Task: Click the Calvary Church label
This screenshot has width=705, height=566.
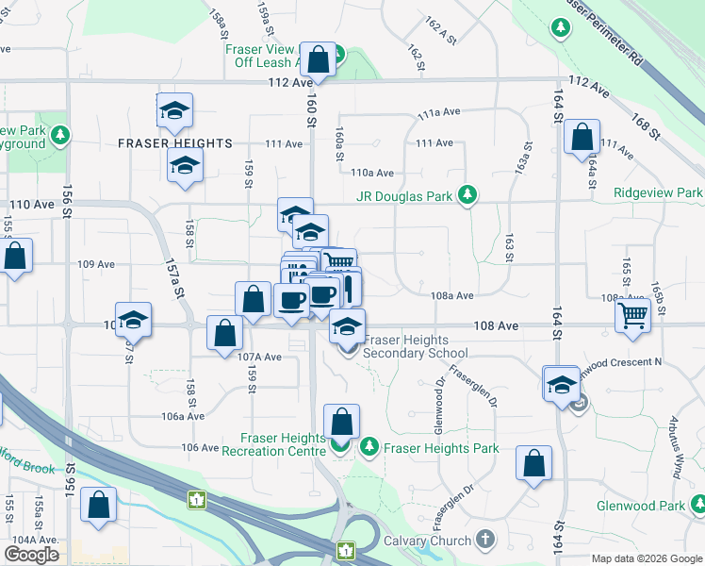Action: tap(427, 541)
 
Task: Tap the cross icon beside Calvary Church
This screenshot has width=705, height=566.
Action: tap(484, 541)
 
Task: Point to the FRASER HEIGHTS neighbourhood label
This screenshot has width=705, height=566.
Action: tap(175, 143)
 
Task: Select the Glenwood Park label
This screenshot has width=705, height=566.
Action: tap(641, 506)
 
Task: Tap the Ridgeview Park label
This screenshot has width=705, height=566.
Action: tap(658, 192)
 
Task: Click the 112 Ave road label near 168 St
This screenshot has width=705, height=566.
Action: tap(587, 87)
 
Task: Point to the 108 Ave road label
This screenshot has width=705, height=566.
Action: tap(496, 325)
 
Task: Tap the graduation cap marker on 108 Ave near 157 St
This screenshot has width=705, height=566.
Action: tap(133, 320)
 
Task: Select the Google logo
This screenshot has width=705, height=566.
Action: tap(31, 555)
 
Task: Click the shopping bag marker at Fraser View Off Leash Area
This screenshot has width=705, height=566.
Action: tap(319, 58)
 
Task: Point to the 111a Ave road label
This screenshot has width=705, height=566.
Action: tap(439, 112)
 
